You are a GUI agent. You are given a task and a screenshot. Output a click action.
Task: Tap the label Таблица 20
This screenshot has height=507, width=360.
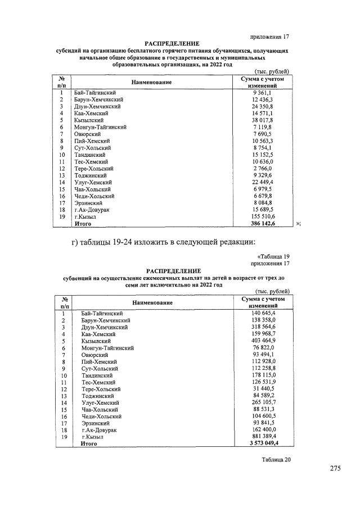point(276,459)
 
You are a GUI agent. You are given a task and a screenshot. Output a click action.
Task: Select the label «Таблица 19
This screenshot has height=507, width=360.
point(273,256)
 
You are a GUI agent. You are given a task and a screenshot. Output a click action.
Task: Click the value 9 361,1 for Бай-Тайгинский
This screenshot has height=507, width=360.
point(262,92)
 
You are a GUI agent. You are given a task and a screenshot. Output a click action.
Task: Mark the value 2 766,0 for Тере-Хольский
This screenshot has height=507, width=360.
point(262,168)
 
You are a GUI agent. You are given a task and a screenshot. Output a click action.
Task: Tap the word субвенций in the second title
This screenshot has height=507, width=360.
point(79,278)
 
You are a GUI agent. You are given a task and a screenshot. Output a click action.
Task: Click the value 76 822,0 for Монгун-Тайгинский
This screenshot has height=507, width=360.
point(262,347)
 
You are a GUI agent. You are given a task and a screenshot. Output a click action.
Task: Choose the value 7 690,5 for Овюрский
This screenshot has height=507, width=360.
point(262,134)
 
